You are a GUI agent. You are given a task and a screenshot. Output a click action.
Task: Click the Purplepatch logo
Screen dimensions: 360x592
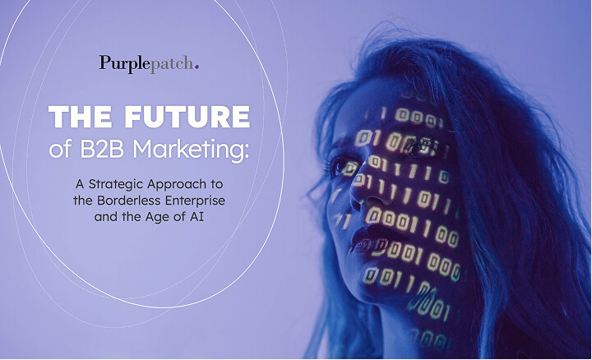[x=148, y=62]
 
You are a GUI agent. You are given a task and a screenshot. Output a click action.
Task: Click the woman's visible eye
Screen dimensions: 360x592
[x=343, y=164]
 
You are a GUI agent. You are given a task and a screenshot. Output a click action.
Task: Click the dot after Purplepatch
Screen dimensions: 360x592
[x=197, y=66]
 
